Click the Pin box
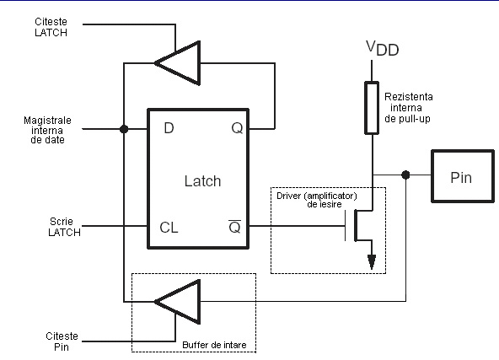pos(463,176)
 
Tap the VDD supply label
pos(382,48)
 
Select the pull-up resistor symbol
pos(372,108)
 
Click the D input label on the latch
pos(169,128)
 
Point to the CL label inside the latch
pos(169,228)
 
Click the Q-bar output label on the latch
pos(235,226)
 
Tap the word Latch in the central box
pos(202,181)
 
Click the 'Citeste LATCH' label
pos(51,27)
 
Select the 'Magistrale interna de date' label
pos(47,130)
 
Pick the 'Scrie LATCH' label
pos(64,227)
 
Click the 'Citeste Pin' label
pos(62,341)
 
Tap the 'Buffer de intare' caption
pos(214,345)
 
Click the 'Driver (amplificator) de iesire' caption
pos(317,200)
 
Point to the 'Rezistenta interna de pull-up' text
pos(408,108)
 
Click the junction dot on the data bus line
pos(124,129)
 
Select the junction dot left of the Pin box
pos(405,175)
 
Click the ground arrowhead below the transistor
pos(372,262)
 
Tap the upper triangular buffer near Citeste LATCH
pos(178,63)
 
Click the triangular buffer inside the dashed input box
pos(178,302)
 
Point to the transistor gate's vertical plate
pos(346,226)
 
